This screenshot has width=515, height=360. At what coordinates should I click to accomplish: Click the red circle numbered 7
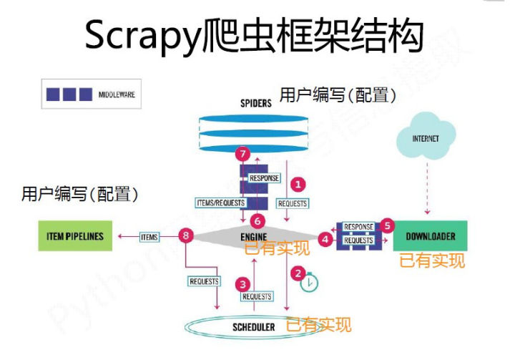pyautogui.click(x=243, y=155)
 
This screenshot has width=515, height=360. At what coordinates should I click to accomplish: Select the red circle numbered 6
pyautogui.click(x=258, y=221)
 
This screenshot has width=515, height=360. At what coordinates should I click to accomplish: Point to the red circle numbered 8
pyautogui.click(x=187, y=236)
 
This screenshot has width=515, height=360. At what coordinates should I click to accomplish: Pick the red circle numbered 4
pyautogui.click(x=327, y=240)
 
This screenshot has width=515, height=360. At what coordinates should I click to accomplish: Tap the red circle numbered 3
pyautogui.click(x=243, y=283)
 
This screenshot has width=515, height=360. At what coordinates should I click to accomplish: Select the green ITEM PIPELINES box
pyautogui.click(x=74, y=236)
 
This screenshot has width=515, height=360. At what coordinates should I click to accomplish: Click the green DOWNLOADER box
pyautogui.click(x=431, y=236)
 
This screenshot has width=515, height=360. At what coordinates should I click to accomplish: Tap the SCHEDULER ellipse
pyautogui.click(x=254, y=327)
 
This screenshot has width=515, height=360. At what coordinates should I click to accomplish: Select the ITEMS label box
pyautogui.click(x=149, y=236)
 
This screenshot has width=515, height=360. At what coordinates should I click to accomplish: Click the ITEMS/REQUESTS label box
pyautogui.click(x=219, y=203)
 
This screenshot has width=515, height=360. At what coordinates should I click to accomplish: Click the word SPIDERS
pyautogui.click(x=255, y=103)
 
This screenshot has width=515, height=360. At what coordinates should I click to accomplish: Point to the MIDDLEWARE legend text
pyautogui.click(x=117, y=94)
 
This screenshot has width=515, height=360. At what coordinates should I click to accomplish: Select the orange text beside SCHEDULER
pyautogui.click(x=318, y=326)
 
